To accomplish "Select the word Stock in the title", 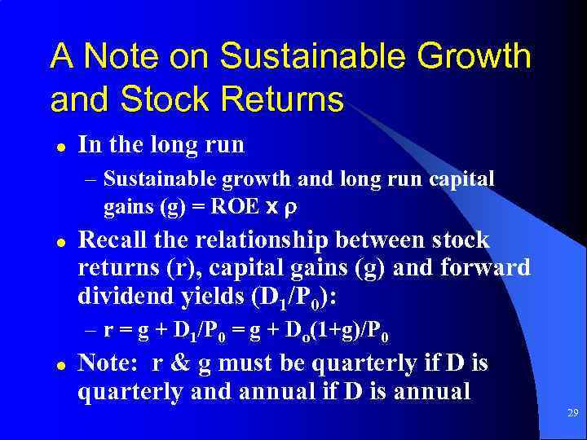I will coord(160,99).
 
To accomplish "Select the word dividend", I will coord(121,294).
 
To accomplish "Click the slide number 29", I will coord(572,414).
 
